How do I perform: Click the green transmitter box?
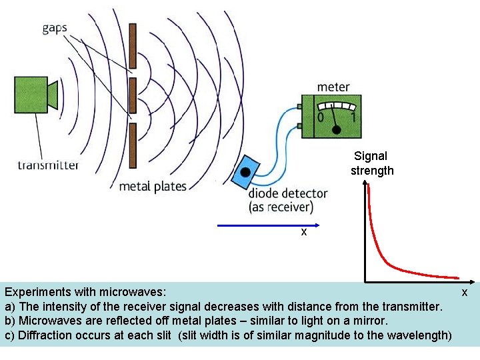[x=31, y=94]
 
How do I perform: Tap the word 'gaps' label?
[x=55, y=28]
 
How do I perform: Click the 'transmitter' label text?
[x=49, y=165]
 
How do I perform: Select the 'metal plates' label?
[x=153, y=186]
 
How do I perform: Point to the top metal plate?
[x=133, y=46]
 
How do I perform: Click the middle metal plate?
[x=133, y=95]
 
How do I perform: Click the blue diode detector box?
[x=246, y=172]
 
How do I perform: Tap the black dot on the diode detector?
[x=245, y=172]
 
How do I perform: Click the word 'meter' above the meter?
[x=333, y=87]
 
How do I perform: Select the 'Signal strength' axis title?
[x=372, y=163]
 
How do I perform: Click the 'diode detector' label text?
[x=288, y=193]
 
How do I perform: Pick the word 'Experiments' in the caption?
[x=39, y=292]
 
